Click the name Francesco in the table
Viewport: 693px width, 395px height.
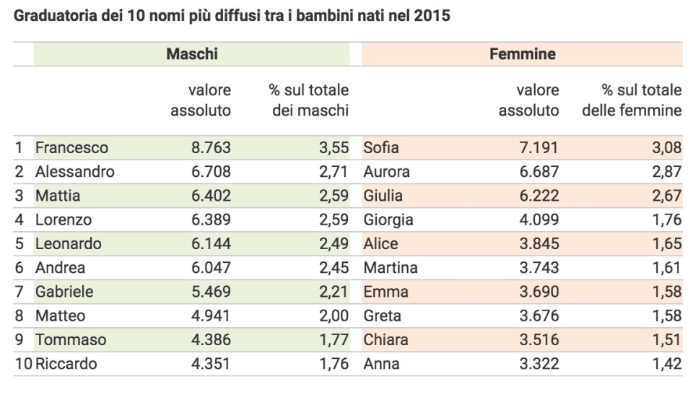(x=71, y=148)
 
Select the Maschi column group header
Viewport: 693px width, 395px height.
(x=192, y=54)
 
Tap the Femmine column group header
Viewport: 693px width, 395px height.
(x=523, y=54)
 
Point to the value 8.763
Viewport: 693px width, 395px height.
(x=211, y=148)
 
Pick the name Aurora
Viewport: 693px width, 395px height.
(x=387, y=172)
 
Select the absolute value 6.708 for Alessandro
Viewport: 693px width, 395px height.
(x=211, y=172)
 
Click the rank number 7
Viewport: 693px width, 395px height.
(x=19, y=292)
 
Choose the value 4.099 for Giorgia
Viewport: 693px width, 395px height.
(x=539, y=220)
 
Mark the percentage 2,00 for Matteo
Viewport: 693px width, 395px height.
(x=333, y=316)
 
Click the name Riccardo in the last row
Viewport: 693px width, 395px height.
(x=66, y=364)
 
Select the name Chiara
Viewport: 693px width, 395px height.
(x=386, y=339)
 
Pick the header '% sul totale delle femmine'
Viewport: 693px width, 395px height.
(x=642, y=100)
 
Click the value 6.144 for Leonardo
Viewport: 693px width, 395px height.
(x=211, y=243)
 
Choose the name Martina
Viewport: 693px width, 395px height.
(x=391, y=268)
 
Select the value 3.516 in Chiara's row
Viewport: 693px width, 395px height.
(x=539, y=339)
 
